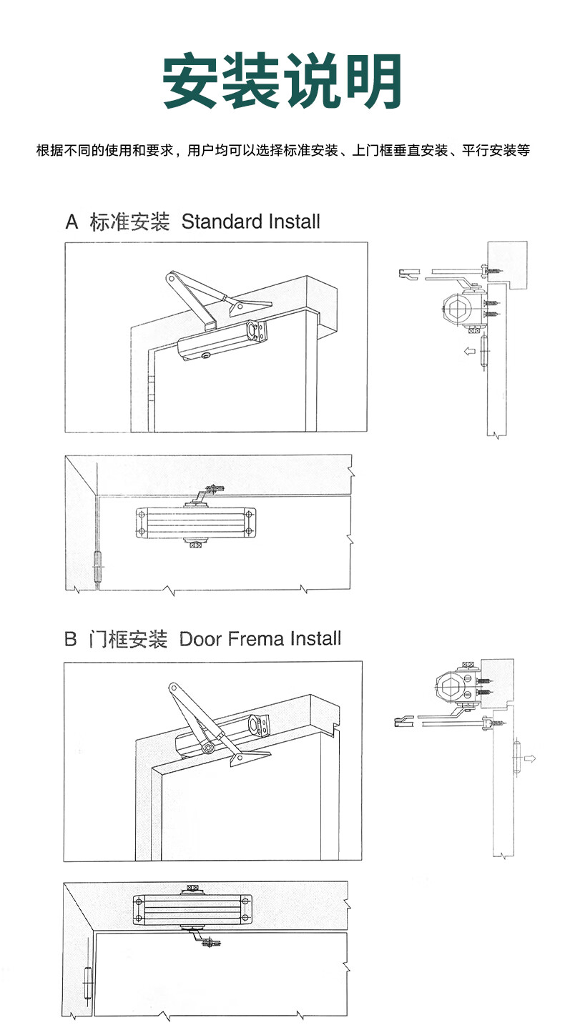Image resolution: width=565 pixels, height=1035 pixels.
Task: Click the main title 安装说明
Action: [x=282, y=82]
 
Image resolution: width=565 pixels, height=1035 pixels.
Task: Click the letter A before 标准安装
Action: [x=72, y=222]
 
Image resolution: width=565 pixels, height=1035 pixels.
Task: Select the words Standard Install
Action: [x=250, y=222]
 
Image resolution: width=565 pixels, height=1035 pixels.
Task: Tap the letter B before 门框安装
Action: [x=70, y=638]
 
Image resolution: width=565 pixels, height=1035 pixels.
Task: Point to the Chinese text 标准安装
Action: [x=129, y=222]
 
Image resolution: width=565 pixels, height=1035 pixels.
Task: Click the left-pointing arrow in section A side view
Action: [x=469, y=351]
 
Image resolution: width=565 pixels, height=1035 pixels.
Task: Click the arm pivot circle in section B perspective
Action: [x=207, y=748]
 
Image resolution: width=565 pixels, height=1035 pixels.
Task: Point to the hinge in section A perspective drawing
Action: [x=152, y=390]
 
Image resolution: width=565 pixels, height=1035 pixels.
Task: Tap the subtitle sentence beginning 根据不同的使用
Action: [x=282, y=151]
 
